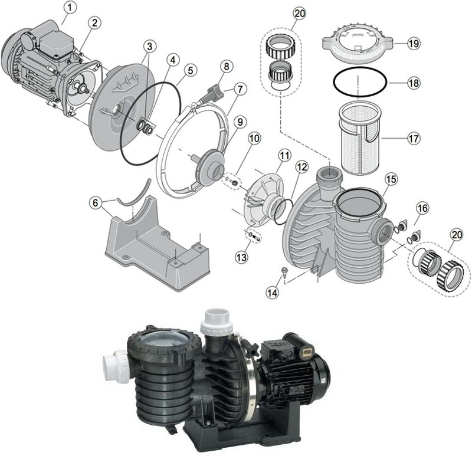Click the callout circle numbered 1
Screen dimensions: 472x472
(70, 8)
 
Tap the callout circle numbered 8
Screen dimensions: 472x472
(227, 66)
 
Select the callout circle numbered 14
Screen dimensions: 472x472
(272, 291)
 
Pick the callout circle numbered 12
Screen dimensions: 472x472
(301, 167)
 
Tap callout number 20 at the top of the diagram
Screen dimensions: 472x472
(299, 14)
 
